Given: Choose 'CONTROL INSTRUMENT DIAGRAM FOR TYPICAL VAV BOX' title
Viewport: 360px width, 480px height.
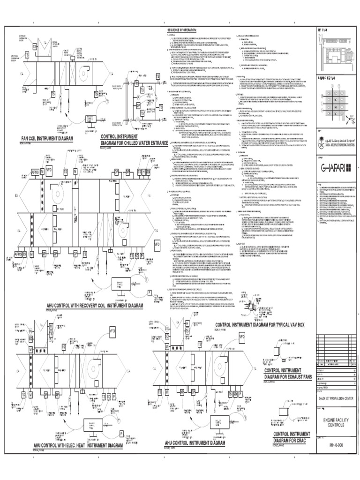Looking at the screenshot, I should tap(262, 325).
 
